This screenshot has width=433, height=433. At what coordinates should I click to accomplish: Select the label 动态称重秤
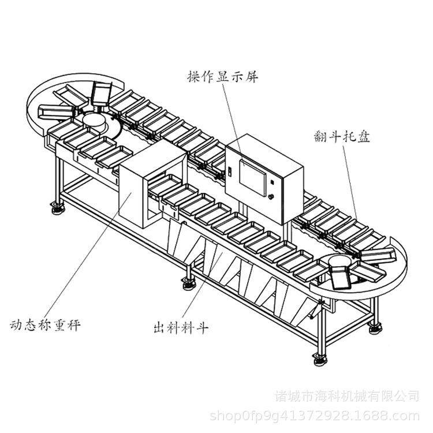click(x=44, y=324)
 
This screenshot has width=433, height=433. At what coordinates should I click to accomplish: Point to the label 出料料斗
click(x=181, y=329)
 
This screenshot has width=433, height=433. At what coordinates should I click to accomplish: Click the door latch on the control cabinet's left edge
click(x=229, y=172)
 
